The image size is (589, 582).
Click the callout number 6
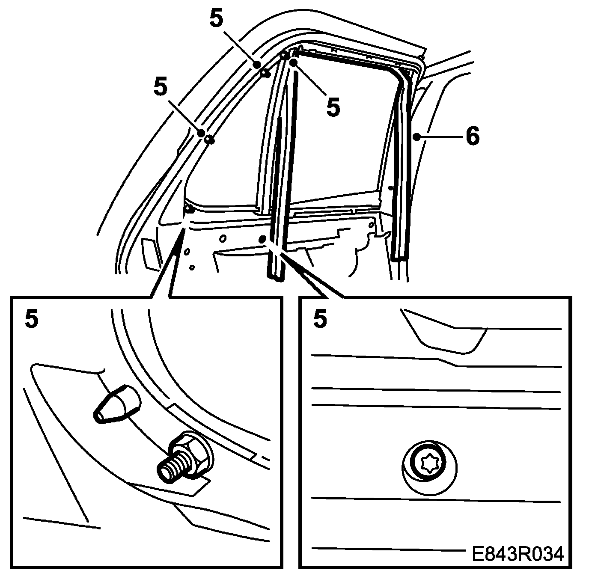472,137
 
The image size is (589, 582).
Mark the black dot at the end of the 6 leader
416,137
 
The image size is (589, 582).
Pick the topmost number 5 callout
216,18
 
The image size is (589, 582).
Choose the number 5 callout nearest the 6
333,107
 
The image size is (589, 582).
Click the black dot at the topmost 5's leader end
257,65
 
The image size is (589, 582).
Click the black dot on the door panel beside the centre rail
263,238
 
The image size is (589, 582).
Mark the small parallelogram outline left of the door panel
150,253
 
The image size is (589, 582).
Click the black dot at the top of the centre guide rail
293,62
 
